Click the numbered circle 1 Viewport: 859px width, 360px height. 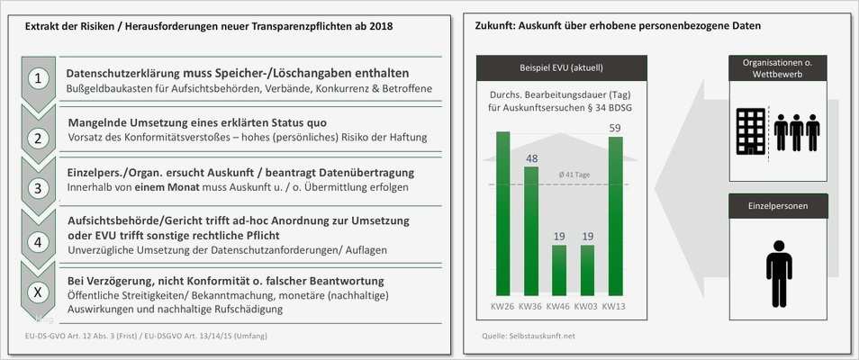[x=38, y=79]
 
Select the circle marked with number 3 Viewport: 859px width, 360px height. [x=38, y=188]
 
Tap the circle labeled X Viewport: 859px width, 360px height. [x=38, y=292]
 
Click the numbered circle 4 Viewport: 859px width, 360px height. [x=38, y=241]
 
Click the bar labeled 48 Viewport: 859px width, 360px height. [x=531, y=230]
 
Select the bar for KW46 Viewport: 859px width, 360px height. [x=559, y=269]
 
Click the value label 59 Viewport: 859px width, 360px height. [x=616, y=128]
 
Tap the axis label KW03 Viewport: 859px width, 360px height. [x=587, y=306]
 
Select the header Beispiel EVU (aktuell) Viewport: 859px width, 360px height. [x=561, y=67]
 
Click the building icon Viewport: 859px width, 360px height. [x=750, y=131]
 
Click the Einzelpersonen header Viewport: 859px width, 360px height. [x=778, y=206]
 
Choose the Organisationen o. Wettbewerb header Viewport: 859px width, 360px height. [x=778, y=67]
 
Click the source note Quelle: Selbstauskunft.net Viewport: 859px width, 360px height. [x=528, y=336]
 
